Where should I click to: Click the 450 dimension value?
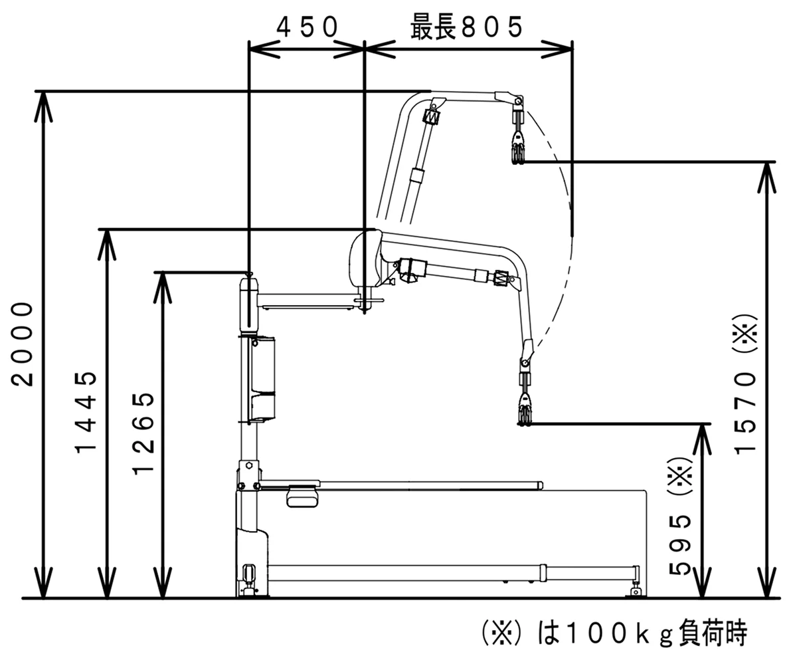click(x=307, y=28)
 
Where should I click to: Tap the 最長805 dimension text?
click(x=466, y=28)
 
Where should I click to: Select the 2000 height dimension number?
click(x=24, y=343)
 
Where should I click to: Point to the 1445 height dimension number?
click(x=86, y=412)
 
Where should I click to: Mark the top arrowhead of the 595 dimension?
click(x=701, y=432)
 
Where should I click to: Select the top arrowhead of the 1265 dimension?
click(x=163, y=280)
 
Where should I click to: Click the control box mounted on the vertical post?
click(x=261, y=379)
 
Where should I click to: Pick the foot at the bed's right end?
click(x=636, y=588)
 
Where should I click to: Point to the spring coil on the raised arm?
click(x=431, y=117)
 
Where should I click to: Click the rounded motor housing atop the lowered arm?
click(x=364, y=258)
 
